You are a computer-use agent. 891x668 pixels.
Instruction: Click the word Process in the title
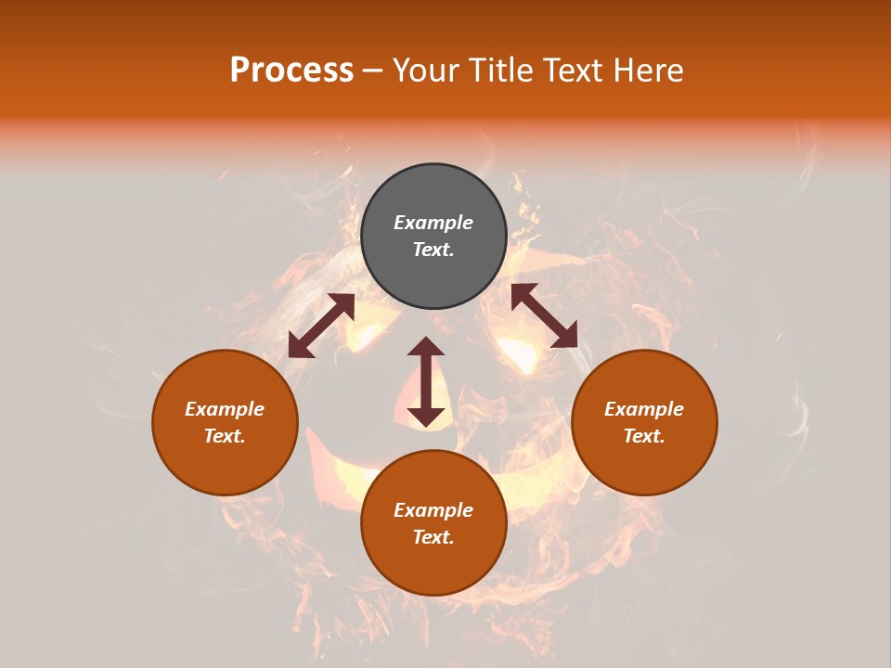point(291,71)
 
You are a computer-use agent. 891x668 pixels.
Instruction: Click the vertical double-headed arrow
point(426,381)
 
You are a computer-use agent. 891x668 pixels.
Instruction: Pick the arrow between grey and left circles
point(321,326)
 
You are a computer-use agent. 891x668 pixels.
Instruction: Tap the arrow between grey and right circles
point(544,315)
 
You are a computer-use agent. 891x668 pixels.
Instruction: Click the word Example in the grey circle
point(433,223)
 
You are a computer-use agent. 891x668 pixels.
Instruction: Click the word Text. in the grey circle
point(433,250)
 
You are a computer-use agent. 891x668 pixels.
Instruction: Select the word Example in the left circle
point(225,409)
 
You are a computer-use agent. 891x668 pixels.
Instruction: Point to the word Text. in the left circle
point(225,436)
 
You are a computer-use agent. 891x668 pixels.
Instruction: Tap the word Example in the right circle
point(644,409)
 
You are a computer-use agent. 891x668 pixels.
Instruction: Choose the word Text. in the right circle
point(644,436)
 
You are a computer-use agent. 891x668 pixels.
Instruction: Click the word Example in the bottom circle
point(433,510)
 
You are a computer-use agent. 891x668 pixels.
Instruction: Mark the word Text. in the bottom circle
point(433,537)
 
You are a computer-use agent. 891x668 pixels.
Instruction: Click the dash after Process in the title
point(373,71)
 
